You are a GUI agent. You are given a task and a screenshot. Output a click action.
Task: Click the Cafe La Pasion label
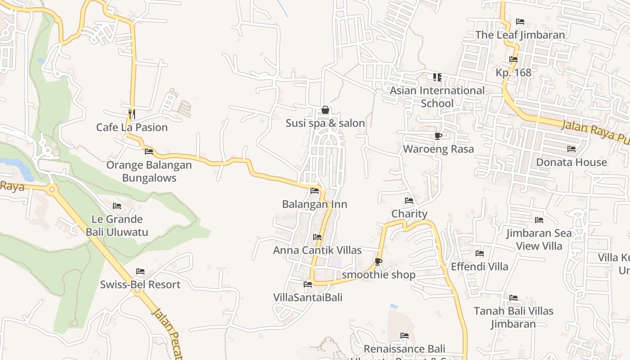[132, 127]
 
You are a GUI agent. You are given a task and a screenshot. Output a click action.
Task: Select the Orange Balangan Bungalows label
[149, 171]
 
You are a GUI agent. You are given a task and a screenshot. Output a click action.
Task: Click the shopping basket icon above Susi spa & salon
[325, 110]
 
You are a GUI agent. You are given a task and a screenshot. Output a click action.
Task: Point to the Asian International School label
[437, 97]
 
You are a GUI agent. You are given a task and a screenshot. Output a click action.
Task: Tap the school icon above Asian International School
[437, 77]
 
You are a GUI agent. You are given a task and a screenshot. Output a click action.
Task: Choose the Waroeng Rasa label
[438, 149]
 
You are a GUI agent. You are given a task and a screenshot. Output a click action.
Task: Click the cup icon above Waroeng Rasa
[438, 136]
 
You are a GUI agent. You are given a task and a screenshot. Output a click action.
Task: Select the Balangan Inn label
[315, 204]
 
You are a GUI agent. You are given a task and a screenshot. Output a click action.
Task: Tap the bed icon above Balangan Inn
[315, 191]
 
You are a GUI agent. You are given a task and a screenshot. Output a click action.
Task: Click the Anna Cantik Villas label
[317, 250]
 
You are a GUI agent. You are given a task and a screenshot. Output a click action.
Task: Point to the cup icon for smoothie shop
[378, 261]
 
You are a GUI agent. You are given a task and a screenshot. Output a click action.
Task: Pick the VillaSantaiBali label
[308, 297]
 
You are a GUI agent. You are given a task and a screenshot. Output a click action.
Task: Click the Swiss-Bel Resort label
[140, 284]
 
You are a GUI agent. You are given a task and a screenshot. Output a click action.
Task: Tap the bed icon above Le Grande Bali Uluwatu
[117, 206]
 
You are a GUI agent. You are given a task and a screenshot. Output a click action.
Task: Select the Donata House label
[571, 162]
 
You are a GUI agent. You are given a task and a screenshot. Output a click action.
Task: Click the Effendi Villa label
[479, 266]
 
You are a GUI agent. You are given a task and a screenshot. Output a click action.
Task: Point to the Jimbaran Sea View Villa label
[539, 239]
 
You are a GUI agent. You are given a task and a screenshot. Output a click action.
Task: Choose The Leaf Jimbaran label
[520, 35]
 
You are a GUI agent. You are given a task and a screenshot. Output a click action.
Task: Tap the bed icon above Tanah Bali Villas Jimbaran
[513, 298]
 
